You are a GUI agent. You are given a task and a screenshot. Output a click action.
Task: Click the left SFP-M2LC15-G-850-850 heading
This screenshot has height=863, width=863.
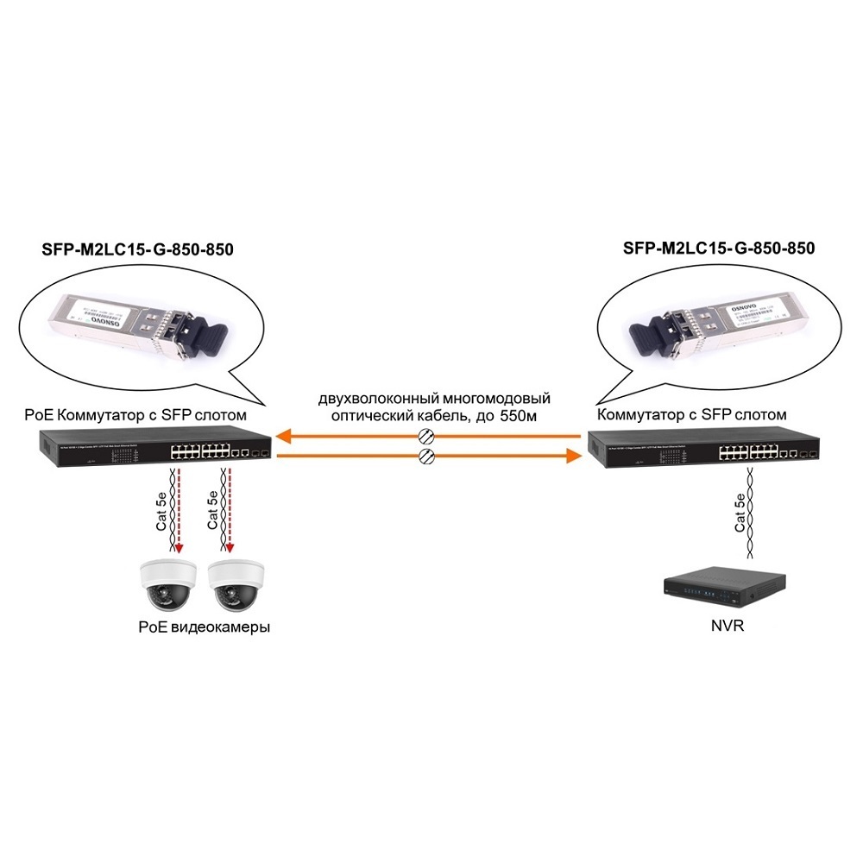(x=137, y=249)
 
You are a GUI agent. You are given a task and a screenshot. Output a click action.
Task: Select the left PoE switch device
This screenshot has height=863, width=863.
(x=154, y=449)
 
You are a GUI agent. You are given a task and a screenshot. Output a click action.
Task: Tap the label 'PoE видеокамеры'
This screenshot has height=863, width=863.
(x=204, y=627)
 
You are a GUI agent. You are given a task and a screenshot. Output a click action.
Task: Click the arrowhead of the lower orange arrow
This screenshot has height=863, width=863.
(x=570, y=456)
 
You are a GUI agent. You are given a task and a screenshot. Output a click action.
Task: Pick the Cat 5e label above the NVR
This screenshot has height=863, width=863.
(x=740, y=513)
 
